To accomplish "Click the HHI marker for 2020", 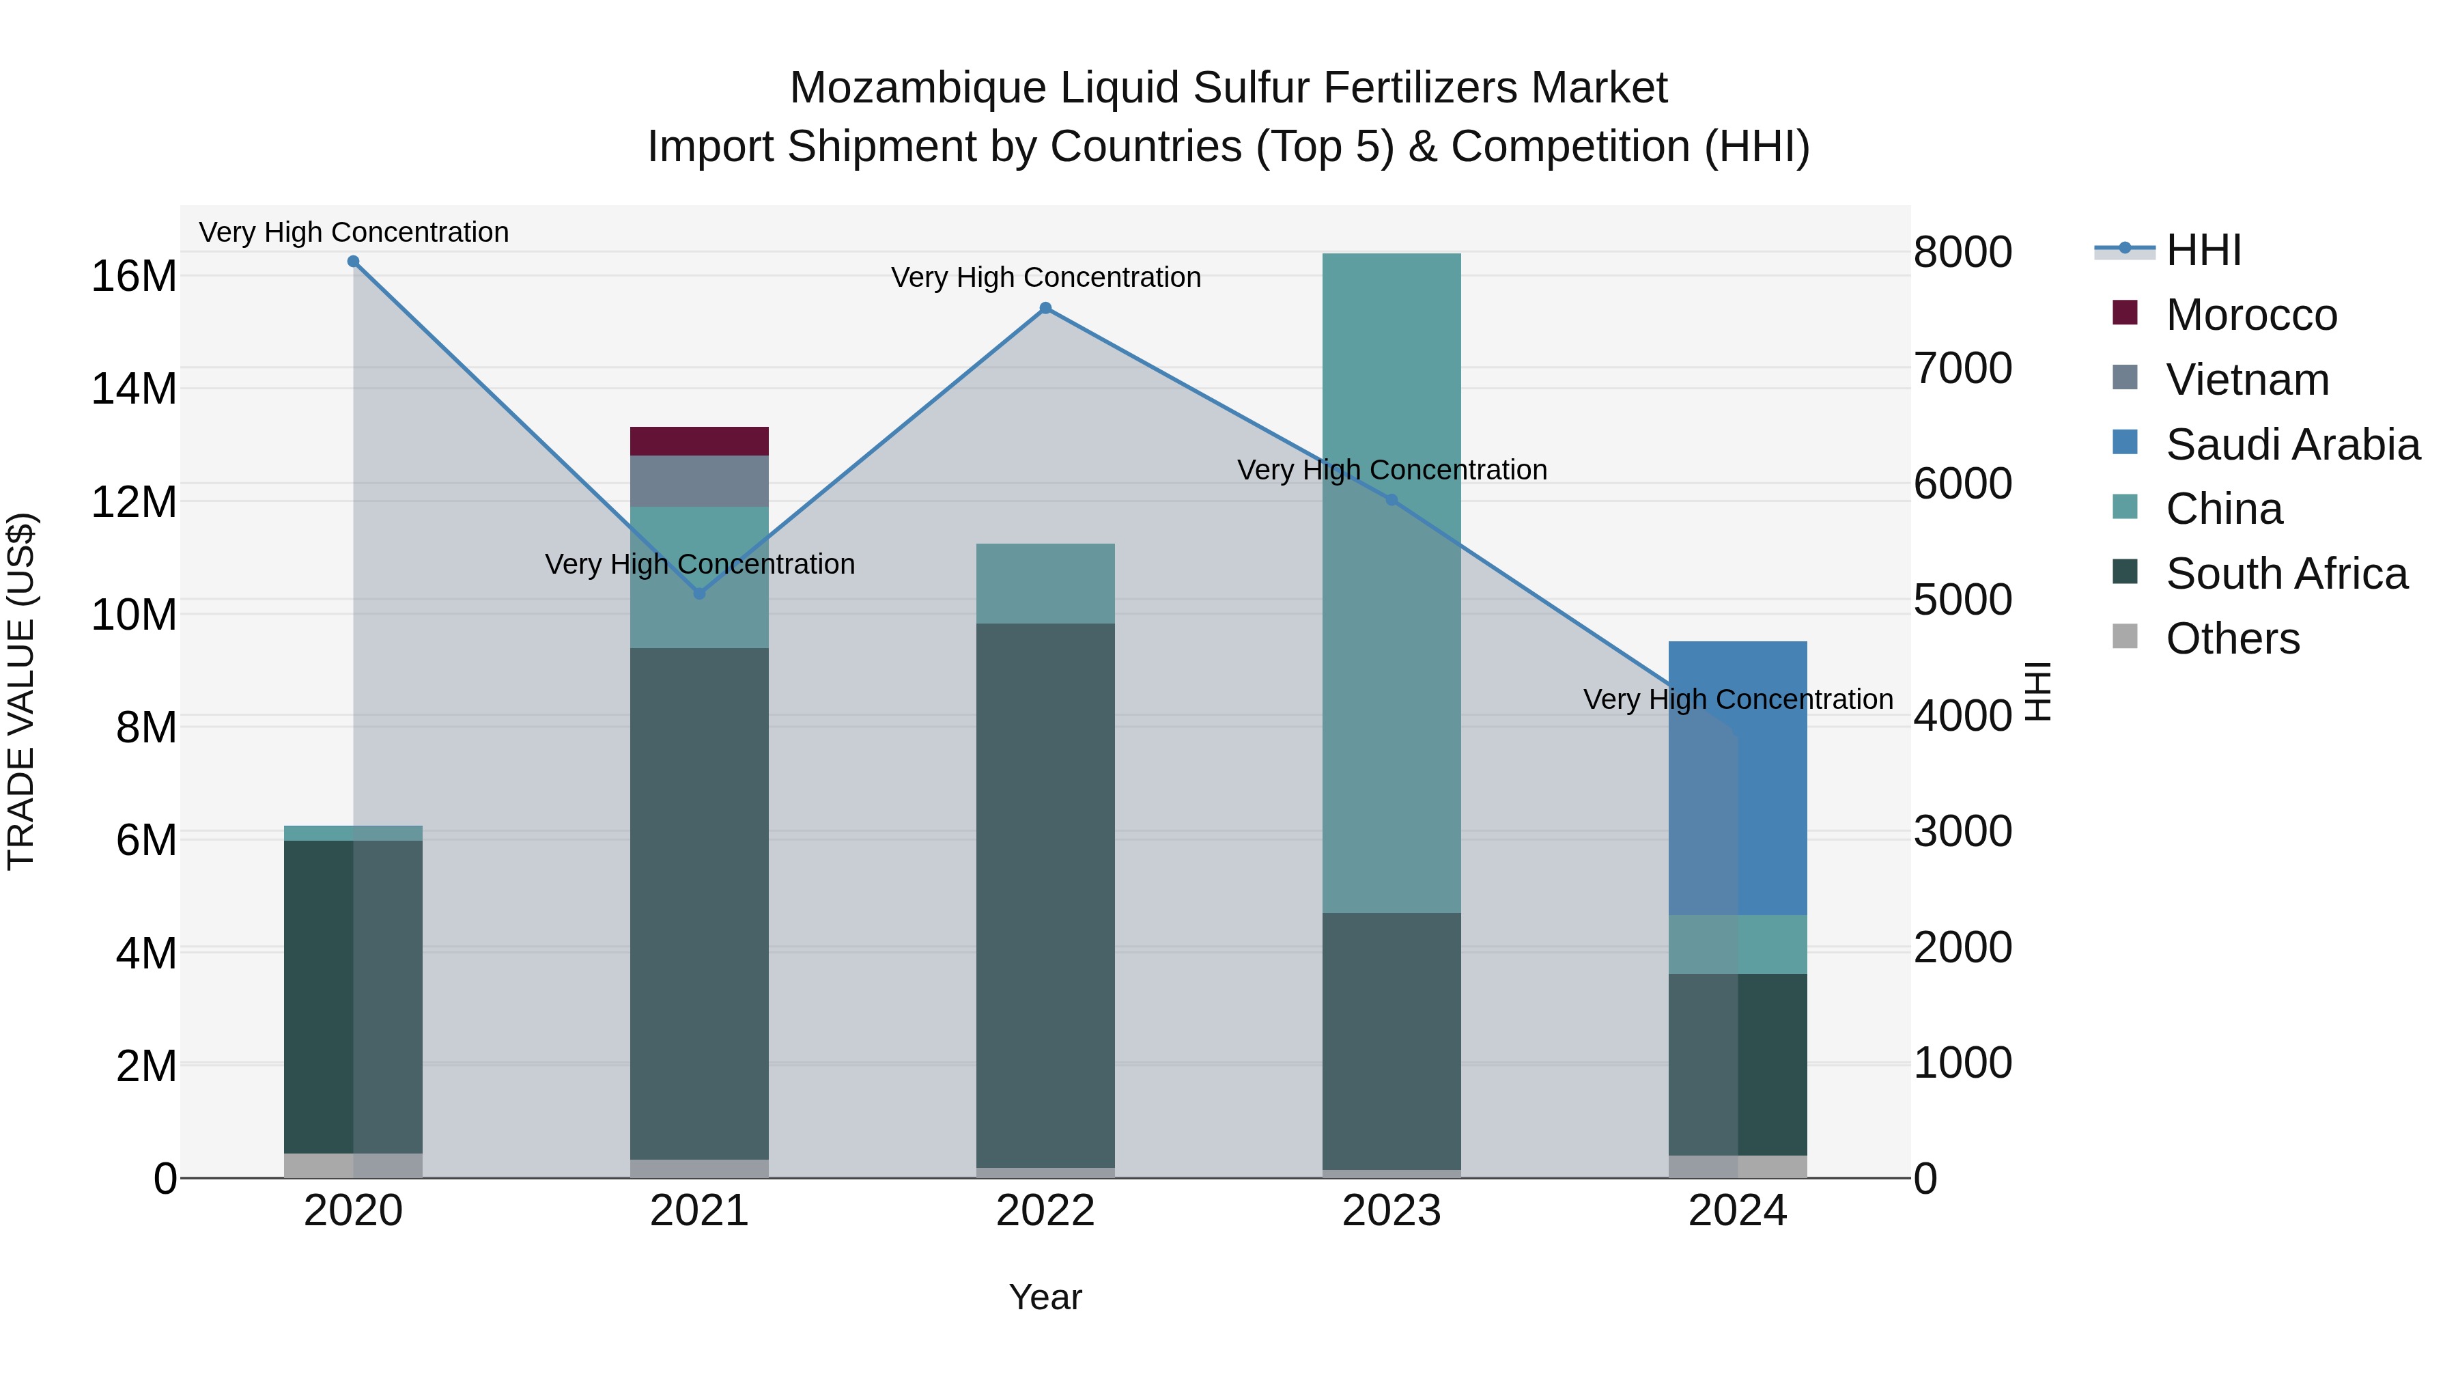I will click(353, 262).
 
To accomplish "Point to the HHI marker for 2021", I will click(699, 593).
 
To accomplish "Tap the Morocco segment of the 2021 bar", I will click(699, 441).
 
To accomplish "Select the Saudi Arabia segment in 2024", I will click(1738, 778).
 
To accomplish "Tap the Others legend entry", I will click(2232, 639).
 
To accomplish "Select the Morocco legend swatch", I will click(2125, 313).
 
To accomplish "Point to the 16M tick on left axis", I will click(134, 276).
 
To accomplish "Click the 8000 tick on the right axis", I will click(1963, 252).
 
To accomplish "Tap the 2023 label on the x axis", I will click(1392, 1211).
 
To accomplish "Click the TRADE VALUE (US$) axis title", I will click(21, 691).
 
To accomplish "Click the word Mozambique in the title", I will click(917, 88).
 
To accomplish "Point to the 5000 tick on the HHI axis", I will click(1963, 600).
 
